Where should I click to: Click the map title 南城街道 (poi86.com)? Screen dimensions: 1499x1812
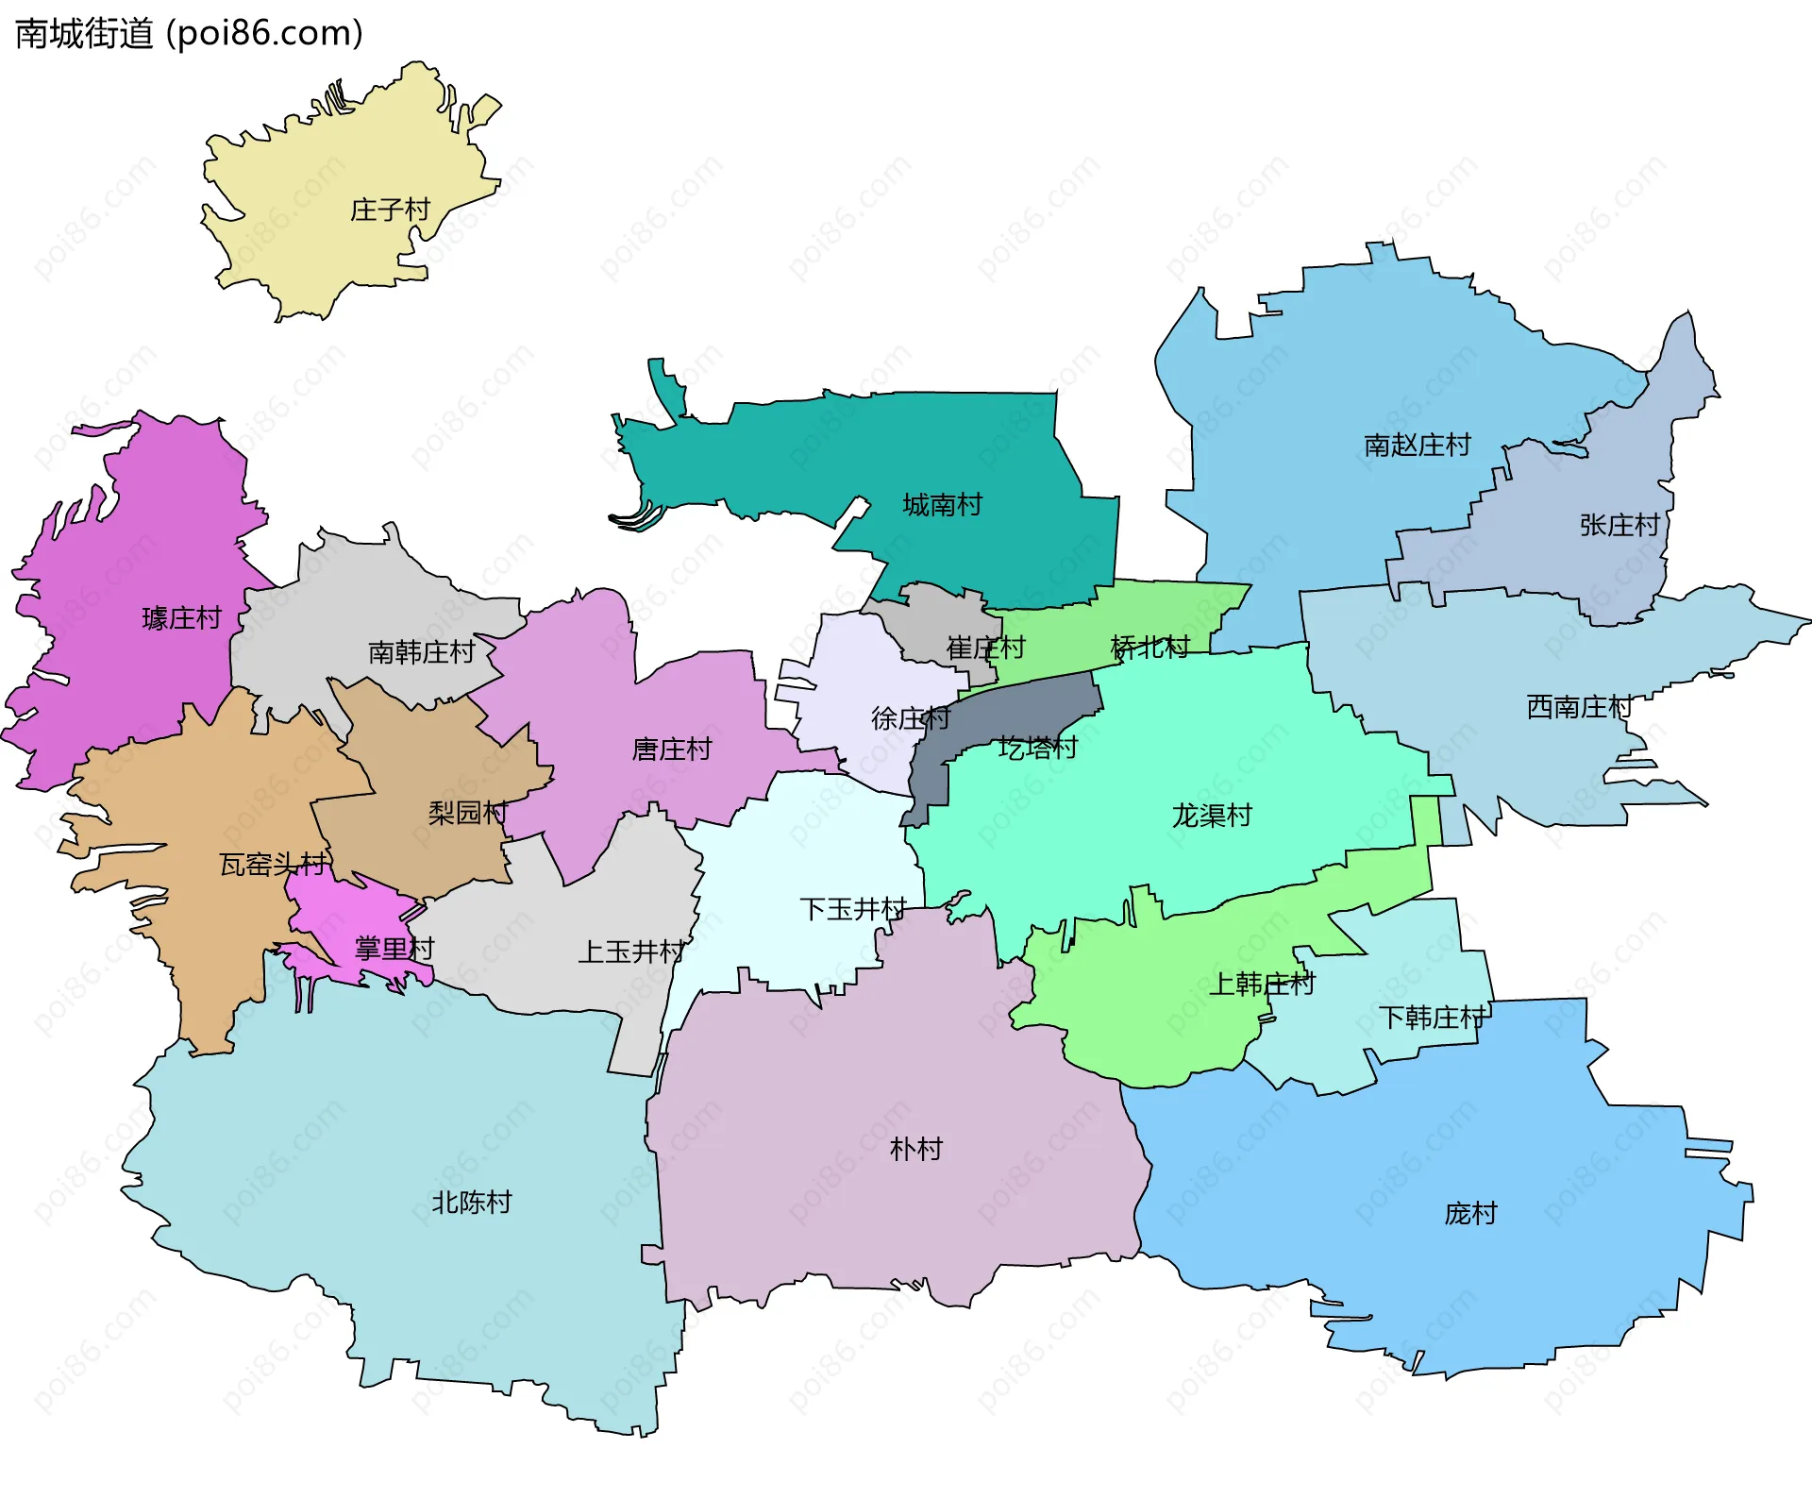[189, 34]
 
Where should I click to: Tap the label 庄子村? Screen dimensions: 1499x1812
[390, 210]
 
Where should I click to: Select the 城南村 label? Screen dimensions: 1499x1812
[942, 505]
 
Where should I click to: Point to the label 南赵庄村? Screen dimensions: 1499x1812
[1418, 445]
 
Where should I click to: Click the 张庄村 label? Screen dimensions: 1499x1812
[1619, 525]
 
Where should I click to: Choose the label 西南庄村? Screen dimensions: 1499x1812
[1579, 706]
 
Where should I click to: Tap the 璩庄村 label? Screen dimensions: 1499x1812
[181, 618]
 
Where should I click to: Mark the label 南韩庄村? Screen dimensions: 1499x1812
[421, 652]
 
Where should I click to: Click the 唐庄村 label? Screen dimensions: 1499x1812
[671, 749]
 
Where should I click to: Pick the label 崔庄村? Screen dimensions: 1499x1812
[985, 648]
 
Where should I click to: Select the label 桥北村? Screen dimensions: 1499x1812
[1149, 648]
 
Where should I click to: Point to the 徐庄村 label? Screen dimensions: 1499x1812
[910, 719]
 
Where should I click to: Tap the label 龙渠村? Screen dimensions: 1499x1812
[1212, 816]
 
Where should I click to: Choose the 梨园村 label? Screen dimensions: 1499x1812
[467, 813]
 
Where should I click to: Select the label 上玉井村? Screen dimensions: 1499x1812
[630, 952]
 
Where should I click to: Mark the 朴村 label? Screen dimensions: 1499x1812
[915, 1149]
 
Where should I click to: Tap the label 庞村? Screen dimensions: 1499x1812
[1470, 1213]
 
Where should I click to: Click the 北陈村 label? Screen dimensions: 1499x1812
[471, 1203]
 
